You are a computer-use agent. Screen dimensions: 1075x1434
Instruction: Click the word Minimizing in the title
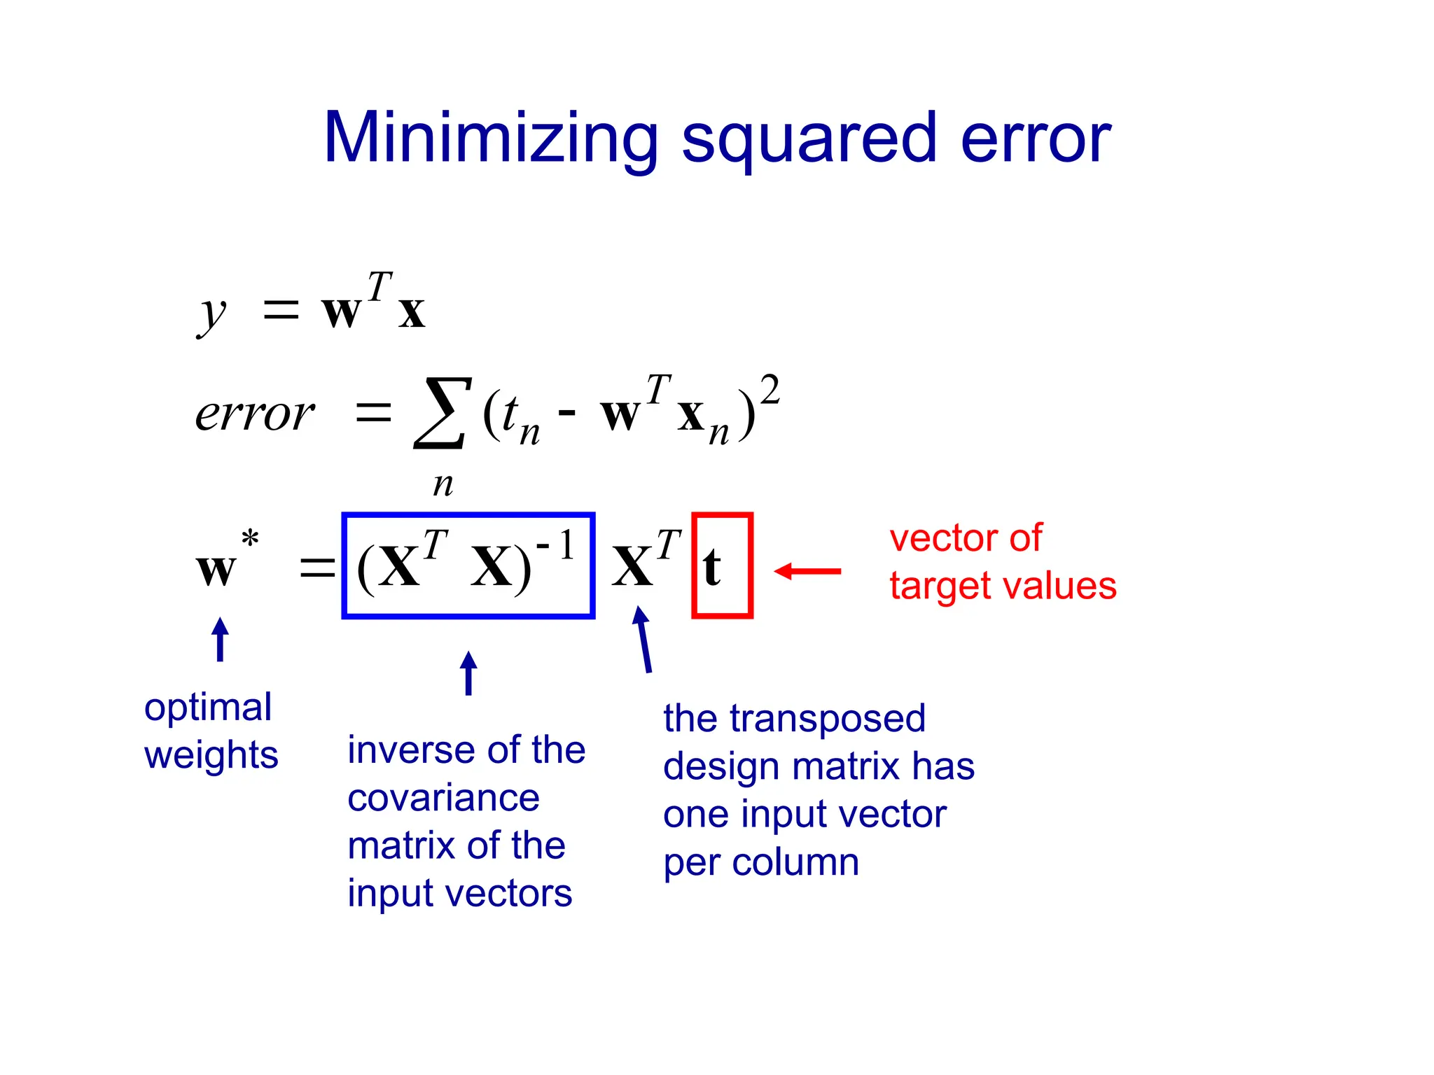tap(490, 139)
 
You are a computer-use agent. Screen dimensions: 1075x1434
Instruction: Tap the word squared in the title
tap(809, 140)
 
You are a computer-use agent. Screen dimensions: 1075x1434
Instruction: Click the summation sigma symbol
tap(440, 412)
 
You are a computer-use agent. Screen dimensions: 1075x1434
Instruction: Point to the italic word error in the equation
tap(255, 414)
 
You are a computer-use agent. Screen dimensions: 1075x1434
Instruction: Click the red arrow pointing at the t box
tap(807, 571)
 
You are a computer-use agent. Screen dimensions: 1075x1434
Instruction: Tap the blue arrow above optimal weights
tap(220, 638)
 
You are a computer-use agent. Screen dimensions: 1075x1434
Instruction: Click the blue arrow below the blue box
tap(468, 673)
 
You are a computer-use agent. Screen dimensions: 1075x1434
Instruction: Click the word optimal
tap(208, 708)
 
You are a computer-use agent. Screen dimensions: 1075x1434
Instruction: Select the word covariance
tap(443, 798)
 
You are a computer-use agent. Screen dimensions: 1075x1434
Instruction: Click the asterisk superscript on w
tap(250, 539)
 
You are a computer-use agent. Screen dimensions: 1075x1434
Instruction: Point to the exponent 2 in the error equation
tap(770, 390)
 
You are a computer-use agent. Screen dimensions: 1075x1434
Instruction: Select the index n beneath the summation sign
tap(443, 484)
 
